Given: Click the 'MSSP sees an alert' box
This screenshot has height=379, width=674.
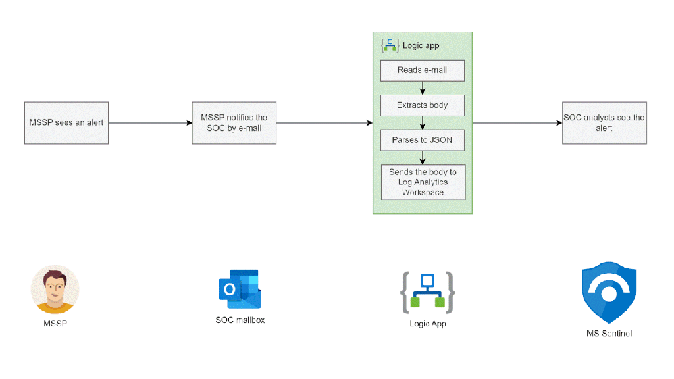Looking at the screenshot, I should [x=66, y=123].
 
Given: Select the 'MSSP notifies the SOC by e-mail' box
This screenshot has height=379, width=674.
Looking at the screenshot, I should [x=234, y=123].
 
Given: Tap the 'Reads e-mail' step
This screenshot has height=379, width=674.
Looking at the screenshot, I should [x=423, y=70].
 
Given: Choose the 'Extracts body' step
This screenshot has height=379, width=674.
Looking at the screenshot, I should [x=423, y=105].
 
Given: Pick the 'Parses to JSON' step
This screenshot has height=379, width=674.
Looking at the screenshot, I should [x=423, y=140].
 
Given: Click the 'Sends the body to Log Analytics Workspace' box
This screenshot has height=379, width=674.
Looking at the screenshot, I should [x=423, y=182].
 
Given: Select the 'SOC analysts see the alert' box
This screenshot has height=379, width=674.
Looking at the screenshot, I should [x=604, y=123].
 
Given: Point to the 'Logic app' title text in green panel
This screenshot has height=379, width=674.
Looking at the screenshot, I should [x=421, y=46].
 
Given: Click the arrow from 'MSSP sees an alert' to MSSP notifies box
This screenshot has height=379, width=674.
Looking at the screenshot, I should [x=150, y=123].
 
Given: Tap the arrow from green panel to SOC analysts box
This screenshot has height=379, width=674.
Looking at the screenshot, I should [x=517, y=123].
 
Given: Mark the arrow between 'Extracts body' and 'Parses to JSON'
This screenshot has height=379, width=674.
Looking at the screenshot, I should [x=423, y=123].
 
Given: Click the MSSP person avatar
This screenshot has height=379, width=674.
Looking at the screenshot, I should [x=55, y=290].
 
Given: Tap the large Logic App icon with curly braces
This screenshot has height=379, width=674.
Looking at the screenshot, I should [x=428, y=291].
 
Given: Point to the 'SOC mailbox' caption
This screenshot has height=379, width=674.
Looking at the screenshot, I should [x=240, y=320].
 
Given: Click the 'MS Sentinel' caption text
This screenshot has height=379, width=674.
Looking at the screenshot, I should [x=609, y=334].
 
